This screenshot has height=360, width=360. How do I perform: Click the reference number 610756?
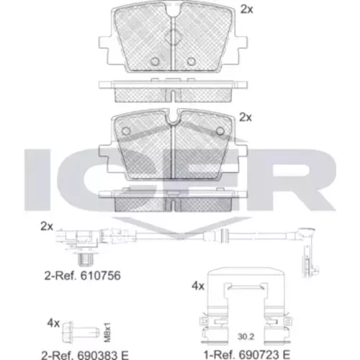(x=100, y=276)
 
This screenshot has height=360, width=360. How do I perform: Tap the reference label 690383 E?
(x=102, y=355)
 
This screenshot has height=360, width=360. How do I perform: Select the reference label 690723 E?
(x=264, y=355)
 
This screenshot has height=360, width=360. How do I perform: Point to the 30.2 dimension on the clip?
(x=246, y=337)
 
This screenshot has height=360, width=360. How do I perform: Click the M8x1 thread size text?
(x=108, y=332)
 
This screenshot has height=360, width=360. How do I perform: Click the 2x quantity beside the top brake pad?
(x=247, y=9)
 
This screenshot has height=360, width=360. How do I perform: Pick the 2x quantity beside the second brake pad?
(x=246, y=117)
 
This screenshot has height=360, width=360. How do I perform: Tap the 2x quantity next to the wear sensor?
(x=47, y=226)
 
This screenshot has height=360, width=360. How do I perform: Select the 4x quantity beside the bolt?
(x=53, y=323)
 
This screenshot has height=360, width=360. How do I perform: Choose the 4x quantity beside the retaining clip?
(x=198, y=286)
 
